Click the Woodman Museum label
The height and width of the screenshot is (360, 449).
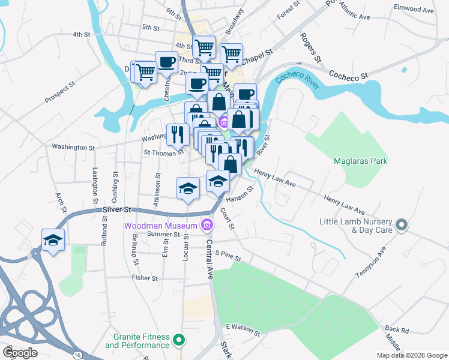(x=161, y=226)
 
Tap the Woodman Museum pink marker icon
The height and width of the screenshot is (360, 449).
(x=207, y=226)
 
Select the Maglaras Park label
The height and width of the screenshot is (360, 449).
(x=360, y=161)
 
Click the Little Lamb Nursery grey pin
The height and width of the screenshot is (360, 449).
(x=402, y=226)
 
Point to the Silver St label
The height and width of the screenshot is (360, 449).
(x=116, y=209)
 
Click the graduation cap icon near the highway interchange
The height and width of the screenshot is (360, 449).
(x=53, y=240)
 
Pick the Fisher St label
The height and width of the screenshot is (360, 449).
(x=145, y=278)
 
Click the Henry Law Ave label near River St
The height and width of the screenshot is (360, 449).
(x=275, y=177)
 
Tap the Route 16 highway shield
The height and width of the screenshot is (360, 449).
(x=78, y=355)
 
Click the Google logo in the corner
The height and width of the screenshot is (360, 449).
(x=20, y=352)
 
